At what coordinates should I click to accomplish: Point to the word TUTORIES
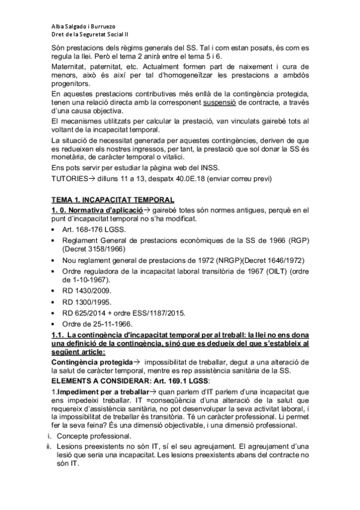click(68, 179)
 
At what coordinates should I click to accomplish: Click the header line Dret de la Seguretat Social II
click(85, 35)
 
